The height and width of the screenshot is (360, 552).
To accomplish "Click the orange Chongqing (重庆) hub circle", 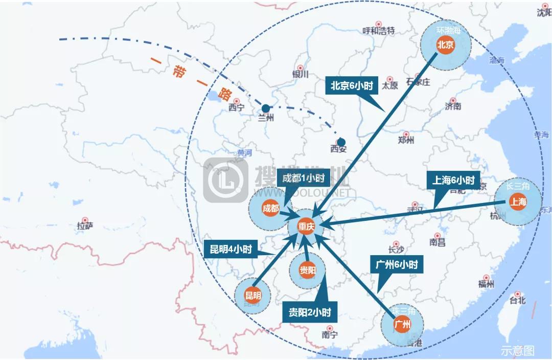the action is [306, 228].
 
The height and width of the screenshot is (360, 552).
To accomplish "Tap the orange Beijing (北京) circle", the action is [445, 45].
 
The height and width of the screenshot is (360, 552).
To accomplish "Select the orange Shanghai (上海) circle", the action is [518, 202].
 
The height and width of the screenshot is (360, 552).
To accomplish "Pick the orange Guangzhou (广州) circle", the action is [403, 324].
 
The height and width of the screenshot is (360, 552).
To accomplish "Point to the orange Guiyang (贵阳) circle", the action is [307, 271].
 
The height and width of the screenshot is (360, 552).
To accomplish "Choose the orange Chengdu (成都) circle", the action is [271, 208].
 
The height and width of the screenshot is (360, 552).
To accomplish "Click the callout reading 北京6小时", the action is [351, 86].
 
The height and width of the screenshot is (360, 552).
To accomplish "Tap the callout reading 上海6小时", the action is [453, 180].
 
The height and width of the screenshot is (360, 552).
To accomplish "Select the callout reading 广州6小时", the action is [394, 265].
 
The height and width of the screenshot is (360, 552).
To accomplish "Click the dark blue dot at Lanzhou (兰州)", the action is [266, 108].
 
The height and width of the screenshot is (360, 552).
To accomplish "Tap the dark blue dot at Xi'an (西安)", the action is [341, 142].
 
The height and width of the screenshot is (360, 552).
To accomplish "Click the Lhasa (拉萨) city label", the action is [84, 226].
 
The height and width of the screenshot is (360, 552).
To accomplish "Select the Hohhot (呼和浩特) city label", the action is [378, 30].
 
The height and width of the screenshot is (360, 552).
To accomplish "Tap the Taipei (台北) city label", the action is [518, 300].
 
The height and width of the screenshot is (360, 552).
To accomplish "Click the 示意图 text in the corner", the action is [517, 351].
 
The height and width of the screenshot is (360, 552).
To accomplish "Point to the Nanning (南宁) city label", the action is [330, 335].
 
